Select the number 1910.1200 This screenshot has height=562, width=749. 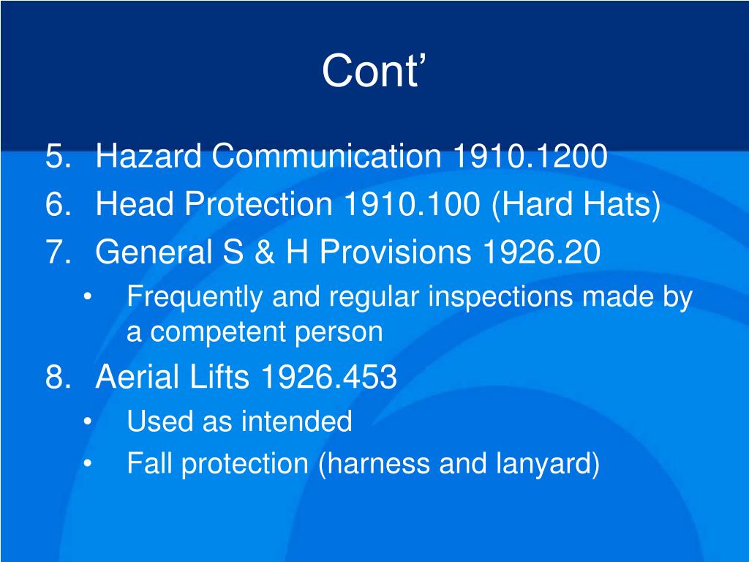tap(530, 157)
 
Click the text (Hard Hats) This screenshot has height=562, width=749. tap(576, 205)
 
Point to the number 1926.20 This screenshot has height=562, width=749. tap(541, 252)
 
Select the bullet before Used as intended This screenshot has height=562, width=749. tap(89, 422)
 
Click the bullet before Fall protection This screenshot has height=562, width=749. tap(89, 464)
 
